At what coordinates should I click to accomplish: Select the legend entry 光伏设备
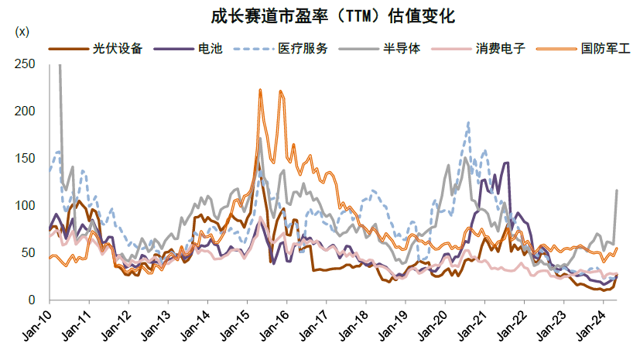point(117,48)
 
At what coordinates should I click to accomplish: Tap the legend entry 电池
point(209,48)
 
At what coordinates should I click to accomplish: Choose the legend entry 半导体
point(402,48)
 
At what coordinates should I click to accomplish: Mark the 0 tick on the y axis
point(32,300)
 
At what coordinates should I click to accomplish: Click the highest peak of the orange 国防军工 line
point(260,90)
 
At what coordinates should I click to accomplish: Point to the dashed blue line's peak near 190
point(468,122)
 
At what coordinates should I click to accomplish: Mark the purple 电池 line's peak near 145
point(507,163)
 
